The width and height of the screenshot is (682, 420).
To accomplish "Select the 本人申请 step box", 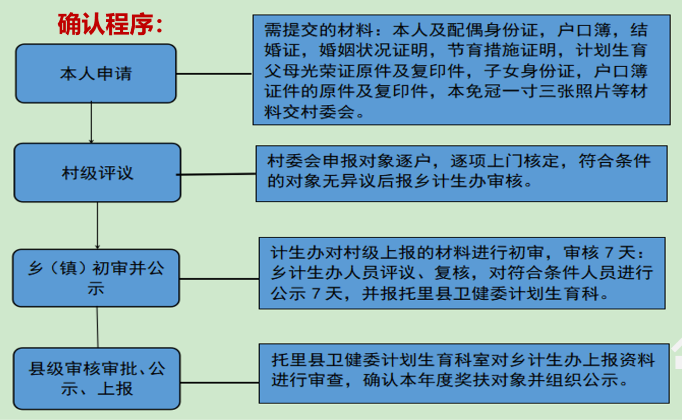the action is point(96,73).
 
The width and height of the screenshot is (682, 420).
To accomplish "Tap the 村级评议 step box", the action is point(97,173).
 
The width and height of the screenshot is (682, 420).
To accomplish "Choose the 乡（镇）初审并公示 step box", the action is point(96,278).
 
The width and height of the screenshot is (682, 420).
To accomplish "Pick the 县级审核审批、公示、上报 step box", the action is point(97,378).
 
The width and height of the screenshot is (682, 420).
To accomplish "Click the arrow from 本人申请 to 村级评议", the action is point(91,123).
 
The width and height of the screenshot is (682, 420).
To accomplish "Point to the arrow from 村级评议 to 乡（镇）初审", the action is point(98,226).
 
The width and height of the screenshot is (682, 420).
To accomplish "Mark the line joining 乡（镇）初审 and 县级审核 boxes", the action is point(98,327).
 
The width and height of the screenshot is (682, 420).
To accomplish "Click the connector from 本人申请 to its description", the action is point(214,74).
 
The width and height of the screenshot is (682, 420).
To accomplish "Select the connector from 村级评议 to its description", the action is point(216,174).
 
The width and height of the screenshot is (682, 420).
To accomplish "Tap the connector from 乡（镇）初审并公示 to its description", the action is point(219,279).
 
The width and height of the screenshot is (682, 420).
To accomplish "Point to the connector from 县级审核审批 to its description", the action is point(220,383).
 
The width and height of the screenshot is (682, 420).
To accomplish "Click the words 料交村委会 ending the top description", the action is point(310,112).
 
